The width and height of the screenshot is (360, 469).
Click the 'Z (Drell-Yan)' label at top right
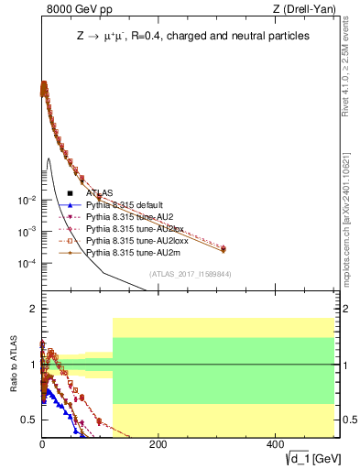[308, 10]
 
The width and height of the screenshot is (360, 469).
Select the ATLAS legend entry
[100, 193]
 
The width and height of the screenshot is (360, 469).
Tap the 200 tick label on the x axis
[158, 444]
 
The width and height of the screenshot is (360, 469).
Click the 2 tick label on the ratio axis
[32, 310]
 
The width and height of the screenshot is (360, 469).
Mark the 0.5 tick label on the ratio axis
[28, 420]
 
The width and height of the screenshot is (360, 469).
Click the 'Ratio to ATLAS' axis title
[12, 365]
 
